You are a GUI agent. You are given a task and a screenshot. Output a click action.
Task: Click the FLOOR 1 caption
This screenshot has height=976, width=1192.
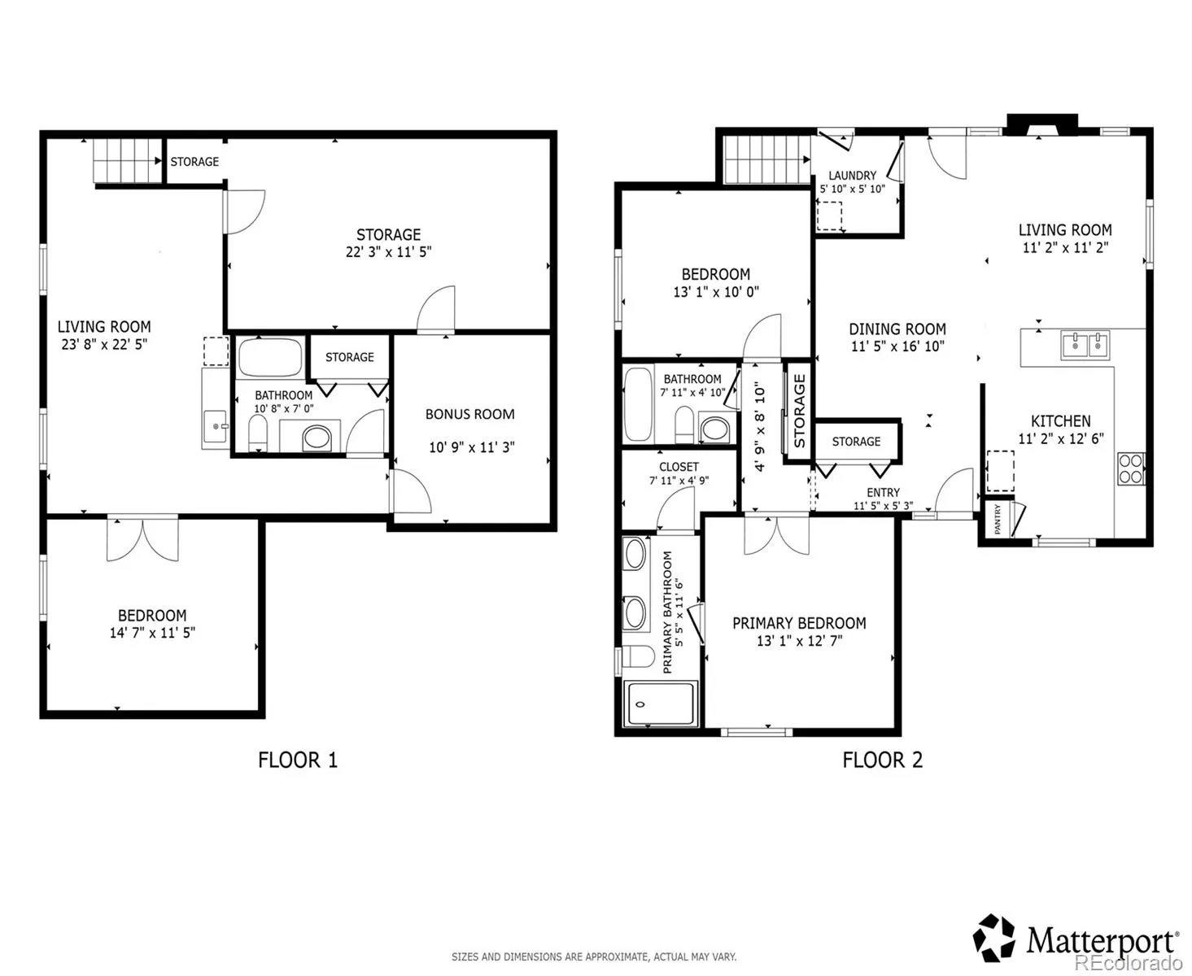297,760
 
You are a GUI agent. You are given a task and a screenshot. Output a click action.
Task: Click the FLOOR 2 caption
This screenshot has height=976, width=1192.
882,760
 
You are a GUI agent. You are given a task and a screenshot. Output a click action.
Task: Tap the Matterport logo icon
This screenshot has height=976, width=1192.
993,938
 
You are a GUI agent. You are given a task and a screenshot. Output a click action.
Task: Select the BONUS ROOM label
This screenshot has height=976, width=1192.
469,414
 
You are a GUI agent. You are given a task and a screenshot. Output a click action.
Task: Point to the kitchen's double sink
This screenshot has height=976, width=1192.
1085,345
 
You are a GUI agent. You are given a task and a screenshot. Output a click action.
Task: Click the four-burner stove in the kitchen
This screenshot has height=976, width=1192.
1131,468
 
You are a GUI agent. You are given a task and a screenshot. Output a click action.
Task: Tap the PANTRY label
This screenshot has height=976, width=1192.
997,519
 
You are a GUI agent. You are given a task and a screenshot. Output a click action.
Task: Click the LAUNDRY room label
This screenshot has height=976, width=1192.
853,176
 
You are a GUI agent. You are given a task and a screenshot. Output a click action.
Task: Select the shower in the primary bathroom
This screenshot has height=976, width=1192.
661,704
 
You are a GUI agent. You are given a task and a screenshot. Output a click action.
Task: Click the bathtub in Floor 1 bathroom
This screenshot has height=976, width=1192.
270,356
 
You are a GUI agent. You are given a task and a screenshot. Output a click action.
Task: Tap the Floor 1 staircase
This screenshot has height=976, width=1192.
128,160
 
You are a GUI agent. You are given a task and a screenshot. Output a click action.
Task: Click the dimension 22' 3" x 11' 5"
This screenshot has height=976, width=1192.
388,252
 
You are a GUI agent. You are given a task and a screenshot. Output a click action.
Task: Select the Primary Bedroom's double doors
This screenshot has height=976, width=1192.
776,534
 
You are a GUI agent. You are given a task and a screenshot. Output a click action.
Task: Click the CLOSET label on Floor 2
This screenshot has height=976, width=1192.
679,467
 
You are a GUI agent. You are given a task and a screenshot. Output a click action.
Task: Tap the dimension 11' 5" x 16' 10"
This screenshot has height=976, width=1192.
897,346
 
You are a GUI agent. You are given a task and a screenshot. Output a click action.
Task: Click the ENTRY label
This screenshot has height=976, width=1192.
883,493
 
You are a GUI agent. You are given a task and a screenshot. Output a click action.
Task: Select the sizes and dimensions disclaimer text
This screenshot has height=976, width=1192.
593,956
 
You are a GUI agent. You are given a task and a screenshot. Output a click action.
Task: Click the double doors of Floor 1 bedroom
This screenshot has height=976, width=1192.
142,538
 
